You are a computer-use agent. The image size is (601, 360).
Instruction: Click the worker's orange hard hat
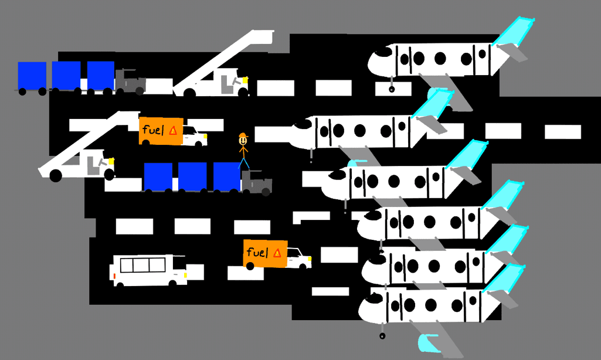point(243,136)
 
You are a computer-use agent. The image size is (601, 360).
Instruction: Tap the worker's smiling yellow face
point(243,141)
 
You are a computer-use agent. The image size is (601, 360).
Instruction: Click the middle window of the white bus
point(141,265)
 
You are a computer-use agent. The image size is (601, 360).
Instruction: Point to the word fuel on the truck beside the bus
point(257,253)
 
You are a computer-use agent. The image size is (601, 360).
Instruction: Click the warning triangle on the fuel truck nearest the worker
point(172,131)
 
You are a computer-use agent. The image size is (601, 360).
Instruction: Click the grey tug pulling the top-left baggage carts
point(130,81)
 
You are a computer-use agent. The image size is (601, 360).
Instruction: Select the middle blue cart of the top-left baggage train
point(66,75)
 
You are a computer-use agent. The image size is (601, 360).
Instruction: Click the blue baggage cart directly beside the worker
point(226,176)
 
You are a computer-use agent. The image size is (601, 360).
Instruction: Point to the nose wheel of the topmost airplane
point(392,89)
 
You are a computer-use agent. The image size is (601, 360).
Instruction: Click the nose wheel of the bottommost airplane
point(382,336)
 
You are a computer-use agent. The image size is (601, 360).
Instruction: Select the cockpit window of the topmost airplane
point(383,52)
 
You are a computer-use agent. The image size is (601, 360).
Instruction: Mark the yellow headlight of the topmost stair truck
point(245,79)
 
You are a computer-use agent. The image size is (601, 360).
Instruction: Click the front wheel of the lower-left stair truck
point(56,175)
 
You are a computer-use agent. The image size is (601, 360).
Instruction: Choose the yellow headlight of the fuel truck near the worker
point(205,137)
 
